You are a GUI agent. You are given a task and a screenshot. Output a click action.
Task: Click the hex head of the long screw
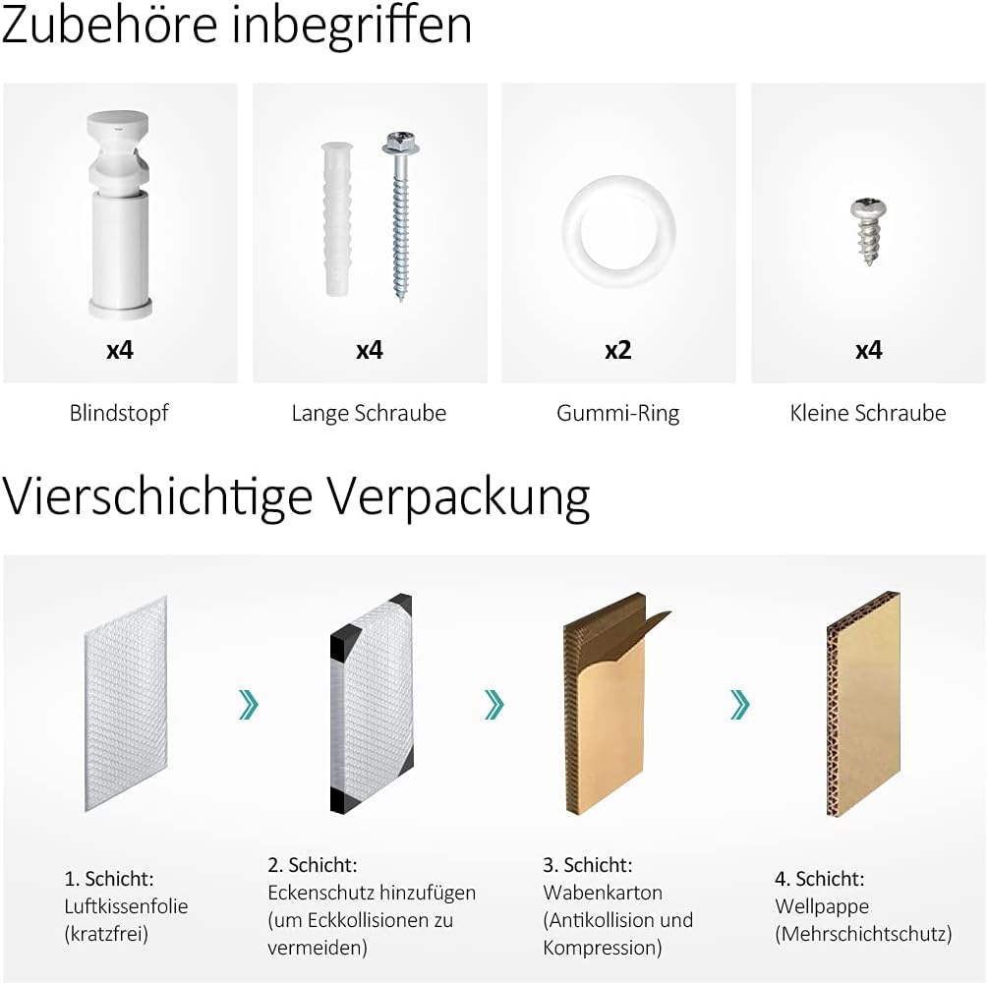tap(401, 144)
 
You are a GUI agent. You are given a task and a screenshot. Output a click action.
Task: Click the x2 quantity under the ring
tap(618, 351)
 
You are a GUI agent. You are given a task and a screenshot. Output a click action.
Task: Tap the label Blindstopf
tap(119, 413)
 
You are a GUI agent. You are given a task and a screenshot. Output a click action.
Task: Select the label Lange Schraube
tap(369, 413)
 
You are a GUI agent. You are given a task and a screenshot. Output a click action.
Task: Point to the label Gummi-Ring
tap(618, 413)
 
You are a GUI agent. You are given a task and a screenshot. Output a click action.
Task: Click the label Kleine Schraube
tap(868, 413)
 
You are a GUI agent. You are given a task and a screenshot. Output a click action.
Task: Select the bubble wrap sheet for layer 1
tap(126, 704)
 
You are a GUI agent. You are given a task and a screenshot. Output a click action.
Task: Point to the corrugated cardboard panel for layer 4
tap(864, 704)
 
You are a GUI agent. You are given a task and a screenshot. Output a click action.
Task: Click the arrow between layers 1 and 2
tap(249, 704)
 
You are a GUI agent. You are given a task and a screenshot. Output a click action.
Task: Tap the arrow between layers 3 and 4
tap(740, 704)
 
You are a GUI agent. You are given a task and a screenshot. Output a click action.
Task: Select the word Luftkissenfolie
tap(126, 906)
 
